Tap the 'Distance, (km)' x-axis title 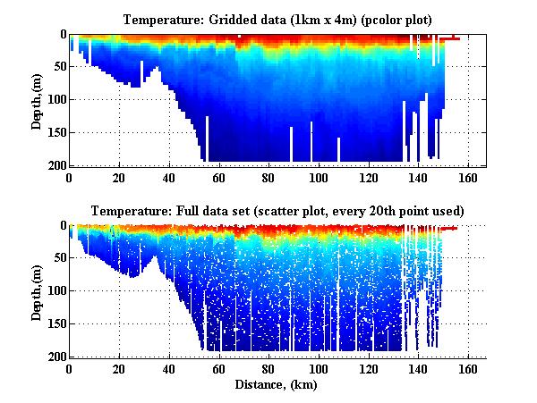277,385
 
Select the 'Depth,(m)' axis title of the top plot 37,100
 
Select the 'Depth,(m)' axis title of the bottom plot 37,292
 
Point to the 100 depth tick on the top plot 55,100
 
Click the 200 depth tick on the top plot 55,166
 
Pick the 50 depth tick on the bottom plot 57,259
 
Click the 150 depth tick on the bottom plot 55,325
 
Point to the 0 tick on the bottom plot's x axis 69,369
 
